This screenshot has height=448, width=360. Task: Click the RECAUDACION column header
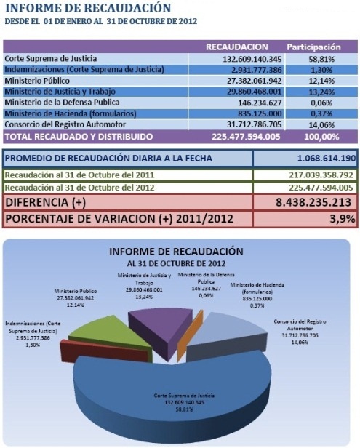(237, 47)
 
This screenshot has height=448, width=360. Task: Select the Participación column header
(313, 47)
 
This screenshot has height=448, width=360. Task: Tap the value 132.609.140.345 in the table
(252, 59)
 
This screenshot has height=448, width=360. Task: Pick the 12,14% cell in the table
(321, 81)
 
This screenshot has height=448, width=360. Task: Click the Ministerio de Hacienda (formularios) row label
(71, 113)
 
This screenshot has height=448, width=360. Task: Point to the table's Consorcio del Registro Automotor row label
(65, 124)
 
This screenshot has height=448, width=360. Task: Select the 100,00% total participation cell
(321, 137)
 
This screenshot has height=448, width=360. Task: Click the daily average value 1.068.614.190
(327, 158)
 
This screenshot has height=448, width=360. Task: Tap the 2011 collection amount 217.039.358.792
(321, 175)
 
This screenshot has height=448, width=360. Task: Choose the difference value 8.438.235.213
(313, 202)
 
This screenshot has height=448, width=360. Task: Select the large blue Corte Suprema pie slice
(172, 394)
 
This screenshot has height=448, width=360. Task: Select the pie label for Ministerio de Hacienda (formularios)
(257, 295)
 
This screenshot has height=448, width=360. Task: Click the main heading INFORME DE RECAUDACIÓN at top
(88, 8)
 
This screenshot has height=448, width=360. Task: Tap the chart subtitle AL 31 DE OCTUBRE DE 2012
(176, 263)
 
